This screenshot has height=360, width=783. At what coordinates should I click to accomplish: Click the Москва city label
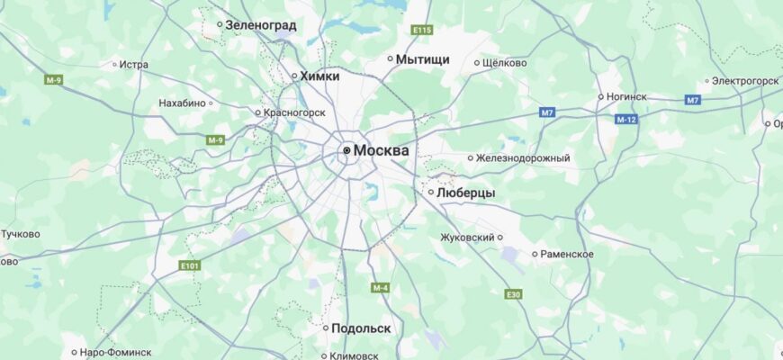(x=381, y=150)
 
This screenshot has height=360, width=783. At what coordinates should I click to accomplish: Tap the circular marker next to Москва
(x=346, y=150)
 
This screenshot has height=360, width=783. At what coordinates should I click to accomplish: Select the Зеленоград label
(x=261, y=25)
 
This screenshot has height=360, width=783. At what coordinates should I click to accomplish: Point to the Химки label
(x=320, y=76)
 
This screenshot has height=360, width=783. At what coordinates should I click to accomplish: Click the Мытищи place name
(x=422, y=59)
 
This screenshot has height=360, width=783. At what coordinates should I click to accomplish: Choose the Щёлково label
(x=505, y=63)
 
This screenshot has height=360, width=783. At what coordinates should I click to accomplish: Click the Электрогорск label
(x=745, y=81)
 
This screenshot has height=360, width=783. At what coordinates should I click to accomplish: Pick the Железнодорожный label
(x=523, y=158)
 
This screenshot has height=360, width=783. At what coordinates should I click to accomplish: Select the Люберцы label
(x=466, y=193)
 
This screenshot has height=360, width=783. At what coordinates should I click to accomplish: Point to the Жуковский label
(x=467, y=238)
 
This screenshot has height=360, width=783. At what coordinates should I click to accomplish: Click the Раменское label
(x=567, y=254)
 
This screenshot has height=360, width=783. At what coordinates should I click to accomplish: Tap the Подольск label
(x=361, y=328)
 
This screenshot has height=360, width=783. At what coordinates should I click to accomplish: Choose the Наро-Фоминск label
(x=116, y=352)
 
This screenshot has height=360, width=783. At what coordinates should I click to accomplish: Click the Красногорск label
(x=294, y=112)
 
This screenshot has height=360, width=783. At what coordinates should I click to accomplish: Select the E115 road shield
(x=422, y=31)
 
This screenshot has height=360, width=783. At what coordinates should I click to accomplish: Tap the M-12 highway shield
(x=626, y=120)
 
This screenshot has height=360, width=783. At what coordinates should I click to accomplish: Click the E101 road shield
(x=189, y=265)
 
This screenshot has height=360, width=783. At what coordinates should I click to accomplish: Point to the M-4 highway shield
(x=379, y=288)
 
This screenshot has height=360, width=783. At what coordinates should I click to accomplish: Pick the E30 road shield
(x=513, y=294)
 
